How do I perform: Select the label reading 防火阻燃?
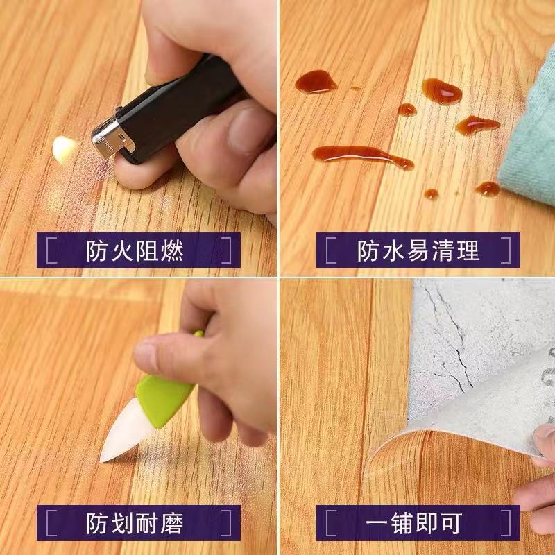click(135, 250)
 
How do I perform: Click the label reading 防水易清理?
click(418, 250)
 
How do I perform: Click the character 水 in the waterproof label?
click(394, 250)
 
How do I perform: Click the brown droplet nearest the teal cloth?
click(488, 188)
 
